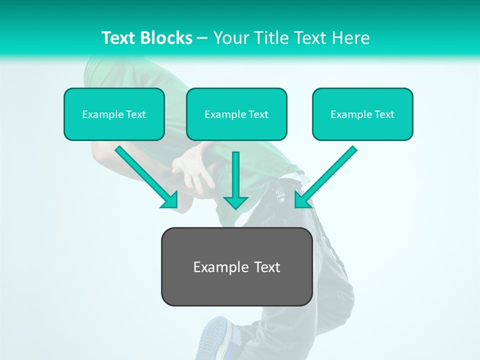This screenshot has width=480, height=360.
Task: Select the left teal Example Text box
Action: tap(114, 114)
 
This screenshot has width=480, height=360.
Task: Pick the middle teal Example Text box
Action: tap(236, 114)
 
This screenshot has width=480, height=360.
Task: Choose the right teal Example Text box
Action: tap(362, 114)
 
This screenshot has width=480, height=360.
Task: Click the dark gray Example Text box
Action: tap(236, 266)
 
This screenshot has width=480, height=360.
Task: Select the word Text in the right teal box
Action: tap(384, 114)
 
